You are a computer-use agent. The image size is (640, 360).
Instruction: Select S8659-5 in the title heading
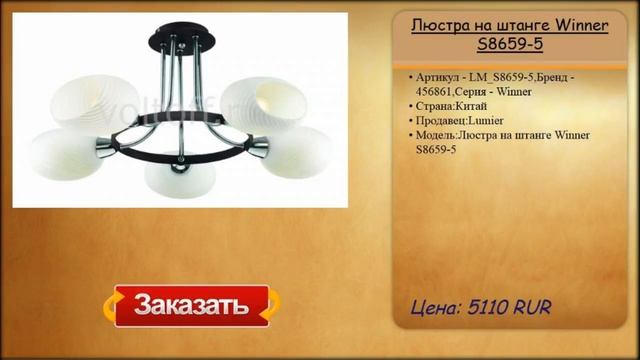click(x=509, y=44)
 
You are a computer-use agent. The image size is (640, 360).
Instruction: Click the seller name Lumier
click(x=493, y=120)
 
